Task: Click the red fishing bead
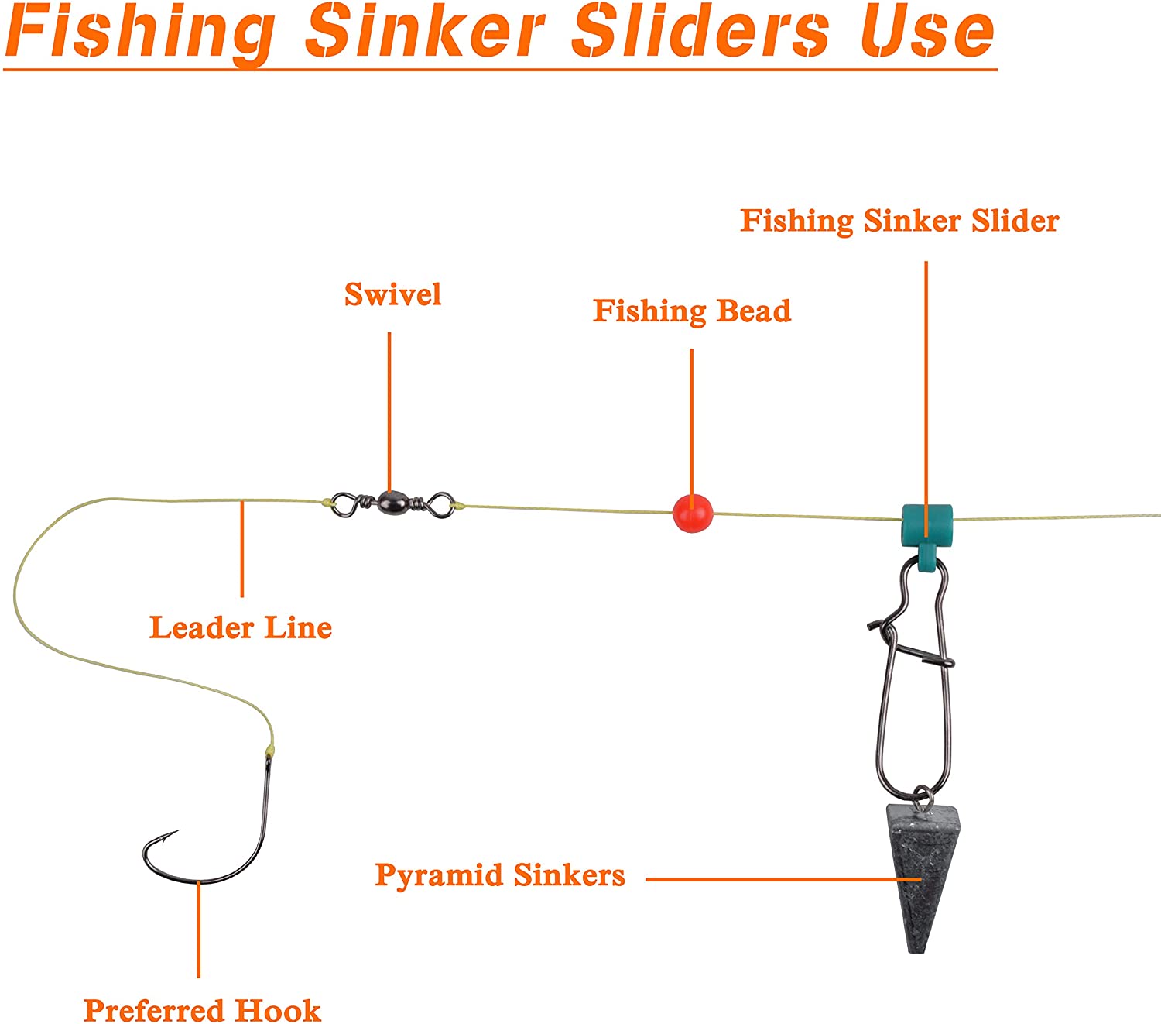(x=692, y=514)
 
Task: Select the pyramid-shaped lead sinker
(x=922, y=878)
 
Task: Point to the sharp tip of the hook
(x=179, y=830)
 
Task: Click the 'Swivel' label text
(x=392, y=294)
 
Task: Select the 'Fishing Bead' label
(x=692, y=311)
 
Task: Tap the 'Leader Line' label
(x=241, y=627)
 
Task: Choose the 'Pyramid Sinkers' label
(x=500, y=875)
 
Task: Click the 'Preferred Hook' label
(x=202, y=1009)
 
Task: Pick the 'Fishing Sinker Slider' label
(x=899, y=222)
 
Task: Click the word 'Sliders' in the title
(x=700, y=31)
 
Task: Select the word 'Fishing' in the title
(x=139, y=34)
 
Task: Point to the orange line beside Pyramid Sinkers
(x=783, y=878)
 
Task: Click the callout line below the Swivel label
(x=389, y=412)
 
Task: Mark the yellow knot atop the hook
(x=270, y=749)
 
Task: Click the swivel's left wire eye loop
(x=344, y=505)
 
